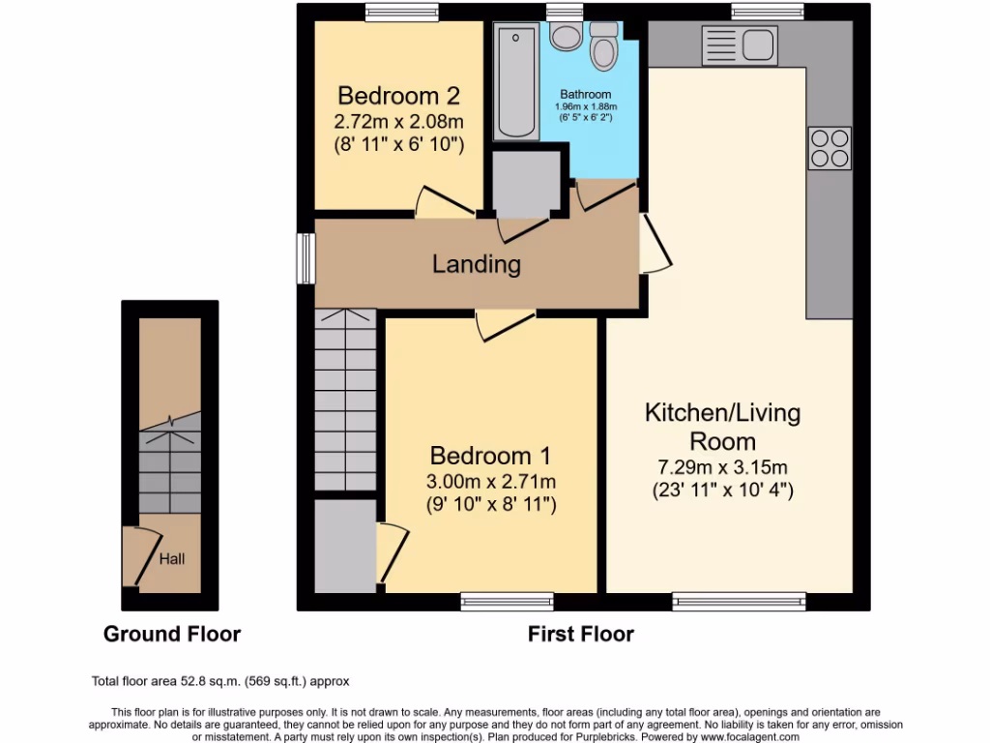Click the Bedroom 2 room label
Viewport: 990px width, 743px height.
397,96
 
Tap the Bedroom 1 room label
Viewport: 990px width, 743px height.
491,455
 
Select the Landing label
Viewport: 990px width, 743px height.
476,263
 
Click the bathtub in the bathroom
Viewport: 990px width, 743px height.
516,82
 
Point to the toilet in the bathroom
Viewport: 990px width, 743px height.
604,45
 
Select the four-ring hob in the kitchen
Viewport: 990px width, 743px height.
829,148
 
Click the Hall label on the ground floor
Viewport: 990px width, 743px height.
172,558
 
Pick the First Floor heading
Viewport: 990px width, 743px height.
580,635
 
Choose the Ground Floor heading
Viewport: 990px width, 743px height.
172,635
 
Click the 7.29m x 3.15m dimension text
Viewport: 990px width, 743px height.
722,467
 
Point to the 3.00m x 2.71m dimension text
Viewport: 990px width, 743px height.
491,481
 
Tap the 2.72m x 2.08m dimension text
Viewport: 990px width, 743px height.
397,122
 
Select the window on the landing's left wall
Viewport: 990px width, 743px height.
306,261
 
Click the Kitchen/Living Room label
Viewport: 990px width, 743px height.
722,427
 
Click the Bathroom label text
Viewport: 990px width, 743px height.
585,95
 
